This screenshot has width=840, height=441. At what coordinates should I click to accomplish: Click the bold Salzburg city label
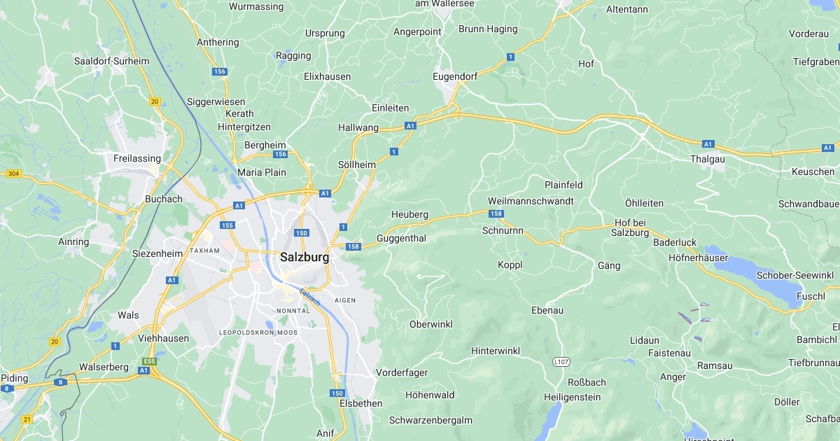coord(304,257)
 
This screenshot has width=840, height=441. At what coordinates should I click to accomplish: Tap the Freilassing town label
coord(137,158)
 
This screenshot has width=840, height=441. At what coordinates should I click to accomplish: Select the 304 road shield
coord(13,173)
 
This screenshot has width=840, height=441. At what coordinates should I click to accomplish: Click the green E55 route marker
coord(146,362)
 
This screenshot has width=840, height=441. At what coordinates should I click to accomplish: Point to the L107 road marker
coord(560,362)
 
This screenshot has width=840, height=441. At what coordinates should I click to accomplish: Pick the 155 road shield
coord(227,225)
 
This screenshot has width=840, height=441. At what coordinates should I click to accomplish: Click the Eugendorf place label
coord(455,76)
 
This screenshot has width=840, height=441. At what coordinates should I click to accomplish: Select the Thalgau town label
coord(708,159)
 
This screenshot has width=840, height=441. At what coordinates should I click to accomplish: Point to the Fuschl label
coord(811,296)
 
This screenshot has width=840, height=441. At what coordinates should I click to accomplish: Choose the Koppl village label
coord(510,265)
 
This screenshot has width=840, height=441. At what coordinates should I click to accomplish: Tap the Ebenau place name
coord(547,310)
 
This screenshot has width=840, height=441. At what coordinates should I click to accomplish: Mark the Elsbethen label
coord(360,403)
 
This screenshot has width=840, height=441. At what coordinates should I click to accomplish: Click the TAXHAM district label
coord(204,251)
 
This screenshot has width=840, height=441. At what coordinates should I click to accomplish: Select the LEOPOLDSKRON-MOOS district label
coord(258,332)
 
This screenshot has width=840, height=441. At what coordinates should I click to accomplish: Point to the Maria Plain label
coord(262,172)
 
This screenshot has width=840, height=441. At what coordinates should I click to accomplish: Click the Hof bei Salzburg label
coord(630,227)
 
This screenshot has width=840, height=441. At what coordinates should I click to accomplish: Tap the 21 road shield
coord(27,419)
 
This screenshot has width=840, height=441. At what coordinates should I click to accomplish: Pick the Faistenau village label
coord(669,353)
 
